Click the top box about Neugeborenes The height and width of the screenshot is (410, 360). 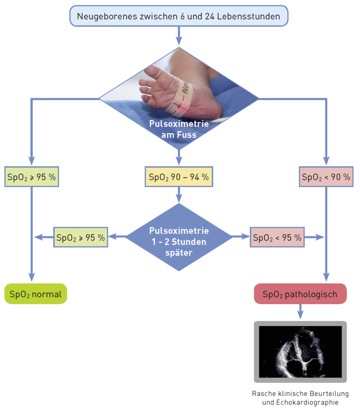click(179, 16)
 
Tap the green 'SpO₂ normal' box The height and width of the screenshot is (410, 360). click(36, 294)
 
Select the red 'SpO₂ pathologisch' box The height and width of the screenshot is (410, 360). click(300, 294)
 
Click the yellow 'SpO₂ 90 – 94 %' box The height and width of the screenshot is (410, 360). click(179, 177)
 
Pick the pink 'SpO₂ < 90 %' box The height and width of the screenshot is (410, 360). click(326, 177)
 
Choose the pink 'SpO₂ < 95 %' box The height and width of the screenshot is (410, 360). click(277, 237)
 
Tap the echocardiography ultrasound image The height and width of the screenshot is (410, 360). click(300, 352)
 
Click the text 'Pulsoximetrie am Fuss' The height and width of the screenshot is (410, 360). click(179, 129)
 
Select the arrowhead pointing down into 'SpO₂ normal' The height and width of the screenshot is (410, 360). click(31, 277)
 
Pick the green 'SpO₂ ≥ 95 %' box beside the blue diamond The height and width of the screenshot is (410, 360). click(81, 237)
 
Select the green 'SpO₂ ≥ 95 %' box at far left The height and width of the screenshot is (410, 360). click(32, 177)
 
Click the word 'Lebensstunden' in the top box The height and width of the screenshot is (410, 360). click(257, 16)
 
